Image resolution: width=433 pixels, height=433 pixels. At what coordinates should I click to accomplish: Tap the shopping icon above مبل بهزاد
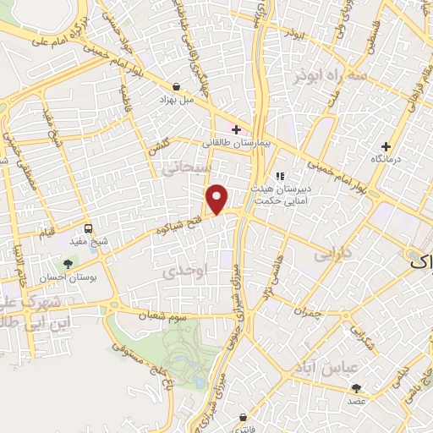click(175, 86)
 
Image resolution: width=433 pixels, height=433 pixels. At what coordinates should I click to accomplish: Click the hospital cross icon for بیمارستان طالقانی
click(236, 129)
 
